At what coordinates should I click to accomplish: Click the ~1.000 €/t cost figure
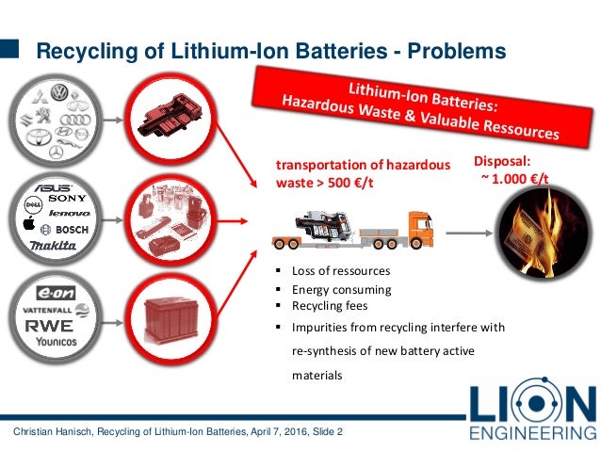pos(517,178)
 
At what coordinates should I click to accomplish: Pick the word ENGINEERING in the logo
pos(532,432)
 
